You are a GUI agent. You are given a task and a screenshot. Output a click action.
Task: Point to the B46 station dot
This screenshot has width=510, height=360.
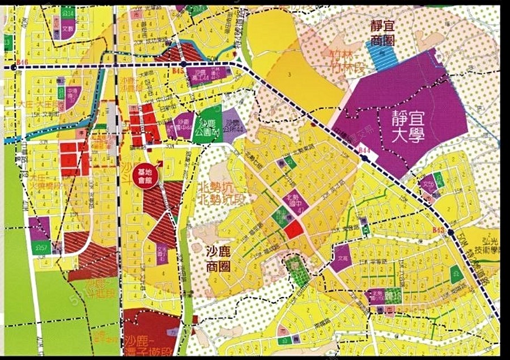click(13, 67)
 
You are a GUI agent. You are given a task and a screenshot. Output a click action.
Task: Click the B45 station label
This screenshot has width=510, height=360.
click(177, 71)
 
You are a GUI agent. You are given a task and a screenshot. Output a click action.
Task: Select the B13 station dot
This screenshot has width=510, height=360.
click(450, 232)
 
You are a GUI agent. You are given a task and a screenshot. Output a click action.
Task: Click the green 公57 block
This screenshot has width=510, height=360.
click(41, 247)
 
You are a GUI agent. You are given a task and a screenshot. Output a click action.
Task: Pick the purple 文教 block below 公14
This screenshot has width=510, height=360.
click(67, 29)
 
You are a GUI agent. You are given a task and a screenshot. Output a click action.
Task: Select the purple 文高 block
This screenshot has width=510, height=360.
click(342, 259)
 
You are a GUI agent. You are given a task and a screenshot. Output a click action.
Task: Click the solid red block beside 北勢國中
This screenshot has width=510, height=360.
click(293, 230)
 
